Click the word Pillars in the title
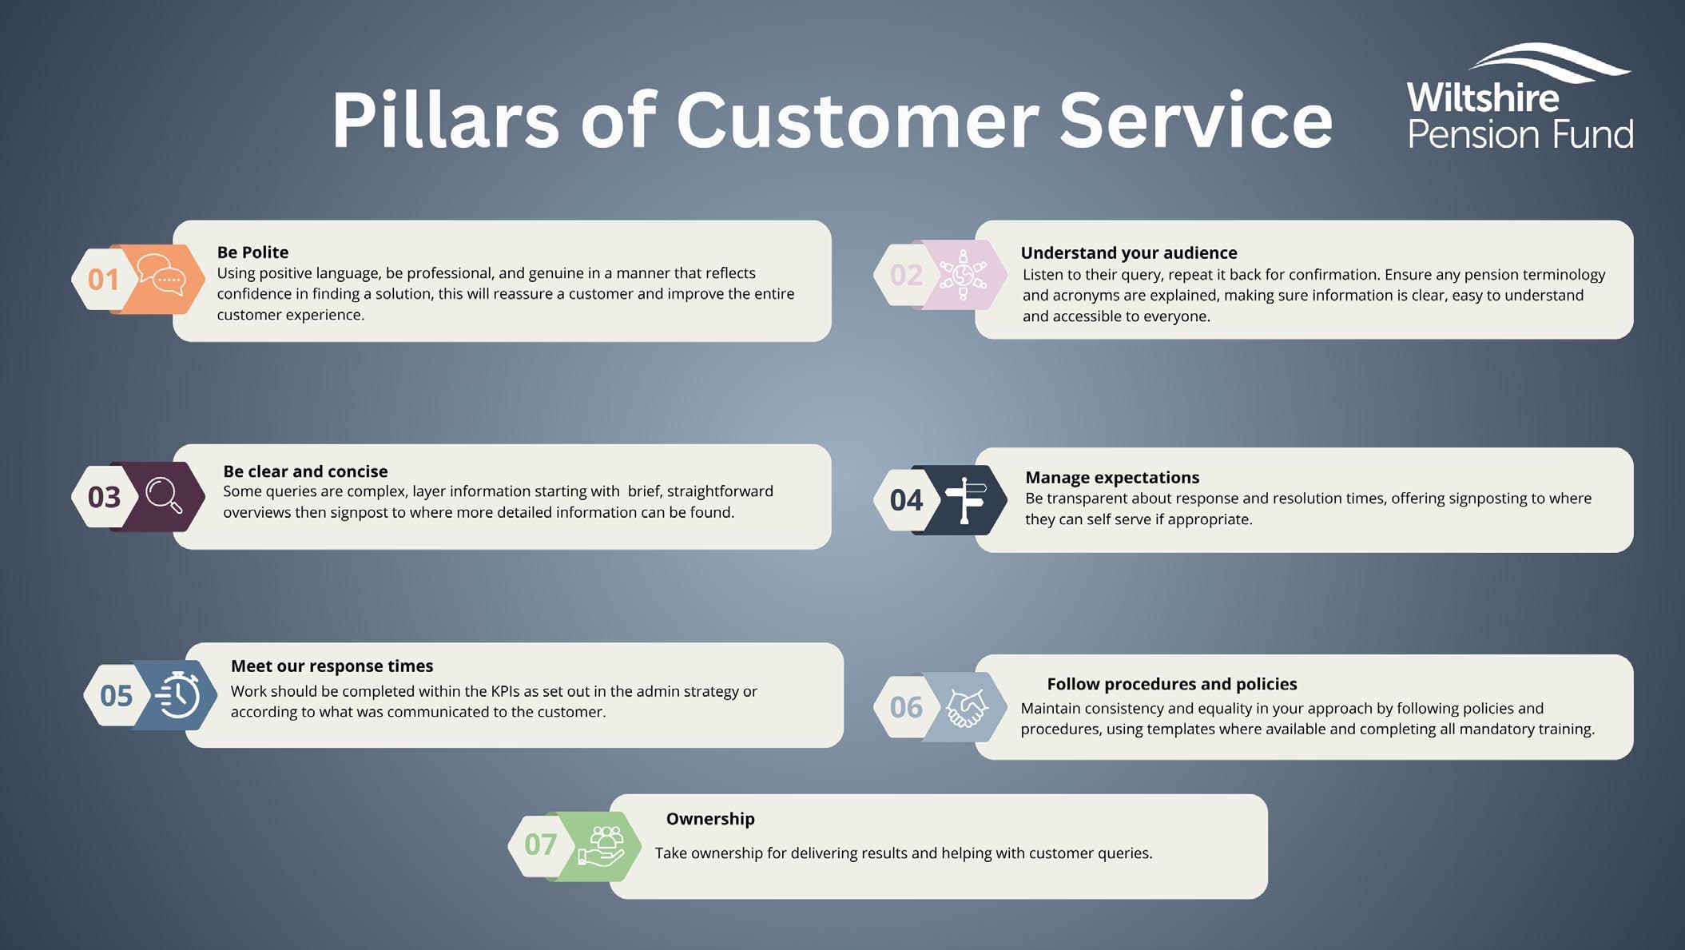click(445, 121)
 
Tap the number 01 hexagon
click(103, 280)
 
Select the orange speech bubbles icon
click(161, 276)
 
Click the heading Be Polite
click(252, 252)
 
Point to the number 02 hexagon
click(906, 276)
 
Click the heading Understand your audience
click(1128, 253)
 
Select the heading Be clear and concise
click(305, 471)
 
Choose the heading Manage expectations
click(1112, 478)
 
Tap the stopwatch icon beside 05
click(178, 695)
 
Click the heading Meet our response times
click(332, 666)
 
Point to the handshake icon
click(966, 707)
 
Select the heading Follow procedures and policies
click(1171, 684)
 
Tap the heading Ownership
click(709, 819)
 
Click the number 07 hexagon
click(540, 845)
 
